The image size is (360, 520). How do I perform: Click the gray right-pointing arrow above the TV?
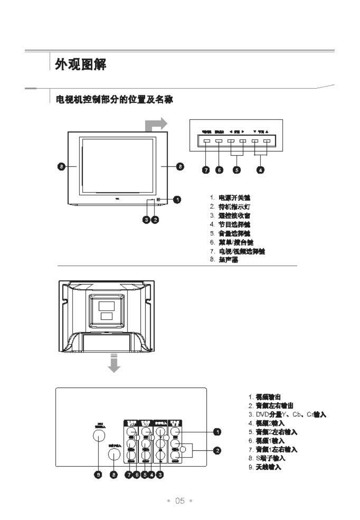pyautogui.click(x=157, y=125)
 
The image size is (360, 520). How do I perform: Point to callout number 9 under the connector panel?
pyautogui.click(x=98, y=475)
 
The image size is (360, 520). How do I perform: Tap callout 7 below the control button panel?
pyautogui.click(x=206, y=170)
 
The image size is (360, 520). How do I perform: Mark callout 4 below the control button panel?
pyautogui.click(x=261, y=170)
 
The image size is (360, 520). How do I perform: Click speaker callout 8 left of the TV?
pyautogui.click(x=61, y=167)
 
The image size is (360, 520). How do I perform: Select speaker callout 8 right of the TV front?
pyautogui.click(x=179, y=167)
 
